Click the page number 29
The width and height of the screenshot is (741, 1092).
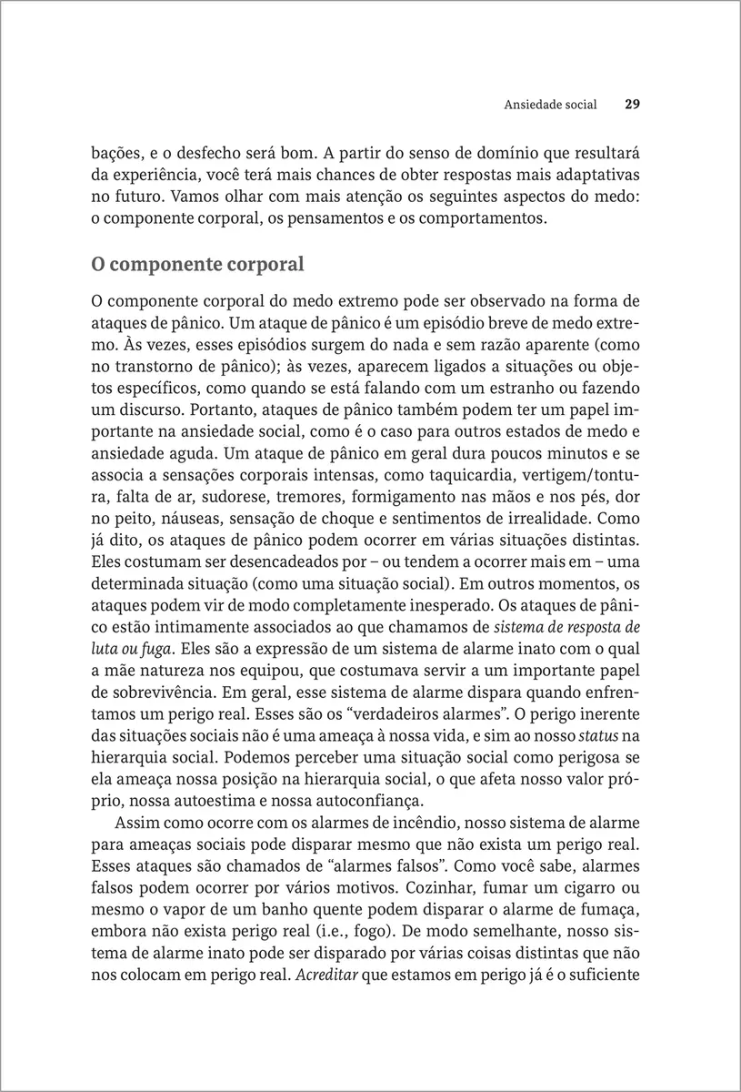(x=634, y=105)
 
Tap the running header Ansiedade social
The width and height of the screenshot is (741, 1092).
(x=550, y=105)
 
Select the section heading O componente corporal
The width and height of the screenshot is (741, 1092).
(x=197, y=266)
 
